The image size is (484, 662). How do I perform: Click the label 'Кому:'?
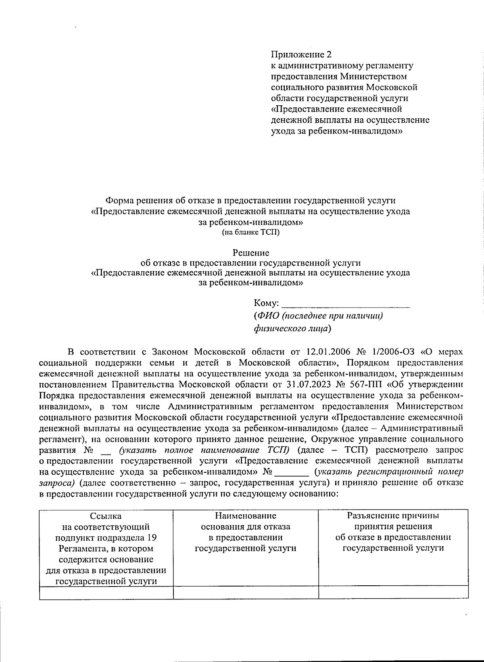pyautogui.click(x=266, y=303)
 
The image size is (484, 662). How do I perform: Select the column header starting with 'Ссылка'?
pyautogui.click(x=106, y=516)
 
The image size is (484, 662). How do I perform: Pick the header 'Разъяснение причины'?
pyautogui.click(x=393, y=516)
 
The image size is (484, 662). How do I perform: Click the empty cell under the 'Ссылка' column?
pyautogui.click(x=106, y=593)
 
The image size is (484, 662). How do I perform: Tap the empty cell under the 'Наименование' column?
pyautogui.click(x=246, y=593)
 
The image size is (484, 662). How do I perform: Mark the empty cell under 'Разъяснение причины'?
pyautogui.click(x=393, y=593)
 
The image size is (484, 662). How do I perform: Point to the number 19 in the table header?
pyautogui.click(x=152, y=538)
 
